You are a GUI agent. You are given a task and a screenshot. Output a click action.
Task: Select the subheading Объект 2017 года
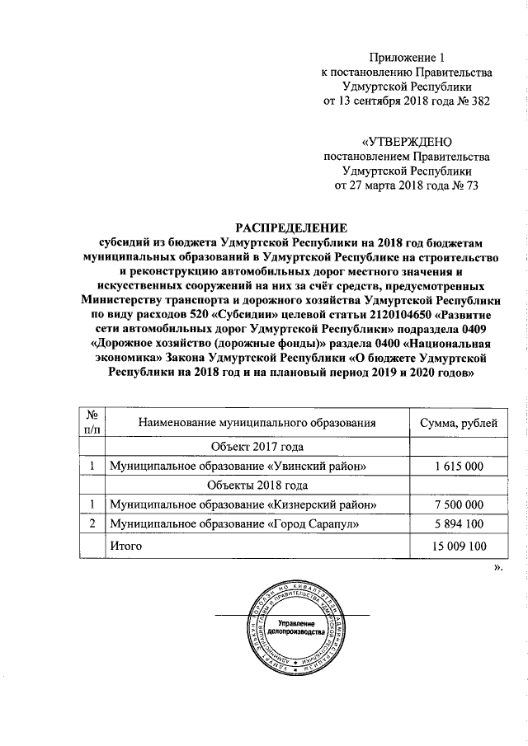click(257, 447)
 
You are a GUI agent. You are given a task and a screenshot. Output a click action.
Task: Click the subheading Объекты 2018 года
click(257, 486)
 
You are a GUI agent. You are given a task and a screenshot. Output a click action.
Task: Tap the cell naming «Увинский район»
click(238, 466)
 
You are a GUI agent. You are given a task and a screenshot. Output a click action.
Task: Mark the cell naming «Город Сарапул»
click(234, 524)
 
